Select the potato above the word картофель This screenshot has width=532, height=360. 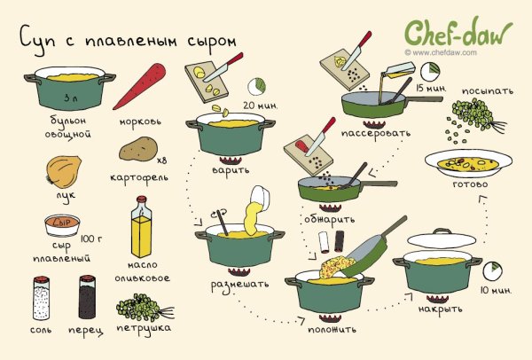[x=137, y=148]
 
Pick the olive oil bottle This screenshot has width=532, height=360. [x=142, y=232]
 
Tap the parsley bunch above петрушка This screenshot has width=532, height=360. [x=139, y=305]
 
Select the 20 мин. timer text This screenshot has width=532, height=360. [x=260, y=106]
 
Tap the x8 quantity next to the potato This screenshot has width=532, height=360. [x=162, y=160]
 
